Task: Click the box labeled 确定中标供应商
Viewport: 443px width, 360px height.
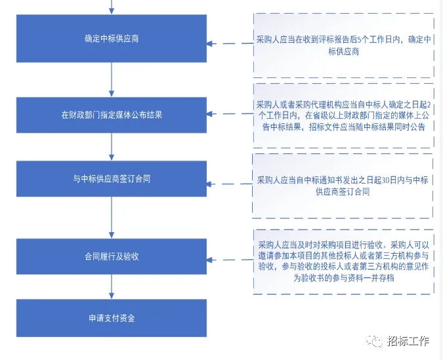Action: [112, 39]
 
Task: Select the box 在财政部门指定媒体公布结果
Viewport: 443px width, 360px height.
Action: [112, 115]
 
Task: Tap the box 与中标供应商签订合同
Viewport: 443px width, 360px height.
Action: [112, 179]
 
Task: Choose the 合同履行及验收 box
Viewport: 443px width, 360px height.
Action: [112, 256]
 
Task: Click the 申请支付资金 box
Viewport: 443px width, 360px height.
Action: [112, 318]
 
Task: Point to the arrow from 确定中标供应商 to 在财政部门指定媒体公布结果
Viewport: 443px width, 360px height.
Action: [112, 79]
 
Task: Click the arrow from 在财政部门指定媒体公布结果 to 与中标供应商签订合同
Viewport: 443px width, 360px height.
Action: [112, 147]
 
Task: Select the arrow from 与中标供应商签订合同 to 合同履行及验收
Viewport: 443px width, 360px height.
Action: [112, 218]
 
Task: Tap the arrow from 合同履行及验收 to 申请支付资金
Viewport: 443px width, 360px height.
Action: [112, 287]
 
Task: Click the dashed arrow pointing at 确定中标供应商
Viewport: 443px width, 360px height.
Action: [230, 43]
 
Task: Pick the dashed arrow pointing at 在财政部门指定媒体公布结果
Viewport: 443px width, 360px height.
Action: [230, 114]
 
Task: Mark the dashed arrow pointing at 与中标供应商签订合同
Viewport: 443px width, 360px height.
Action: [230, 184]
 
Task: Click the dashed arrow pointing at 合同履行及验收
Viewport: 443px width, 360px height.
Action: [230, 260]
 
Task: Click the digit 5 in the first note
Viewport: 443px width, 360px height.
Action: [359, 40]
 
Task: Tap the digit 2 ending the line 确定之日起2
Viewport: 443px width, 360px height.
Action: [429, 105]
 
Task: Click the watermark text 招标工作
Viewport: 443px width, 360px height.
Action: [408, 341]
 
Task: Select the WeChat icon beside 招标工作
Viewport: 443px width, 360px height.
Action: [374, 341]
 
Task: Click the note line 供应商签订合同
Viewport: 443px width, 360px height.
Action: [343, 192]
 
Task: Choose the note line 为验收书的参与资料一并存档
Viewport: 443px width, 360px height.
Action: [343, 278]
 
